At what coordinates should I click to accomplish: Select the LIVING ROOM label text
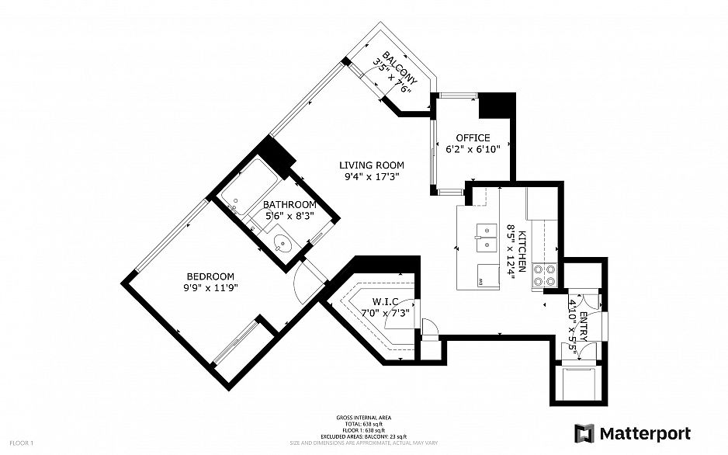[372, 165]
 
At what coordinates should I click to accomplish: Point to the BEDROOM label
[210, 276]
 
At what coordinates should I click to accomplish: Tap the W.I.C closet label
[385, 301]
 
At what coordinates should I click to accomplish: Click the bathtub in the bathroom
[248, 191]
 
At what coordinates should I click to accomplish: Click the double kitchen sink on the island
[487, 238]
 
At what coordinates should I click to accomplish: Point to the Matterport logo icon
[584, 433]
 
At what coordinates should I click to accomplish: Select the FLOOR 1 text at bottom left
[21, 443]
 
